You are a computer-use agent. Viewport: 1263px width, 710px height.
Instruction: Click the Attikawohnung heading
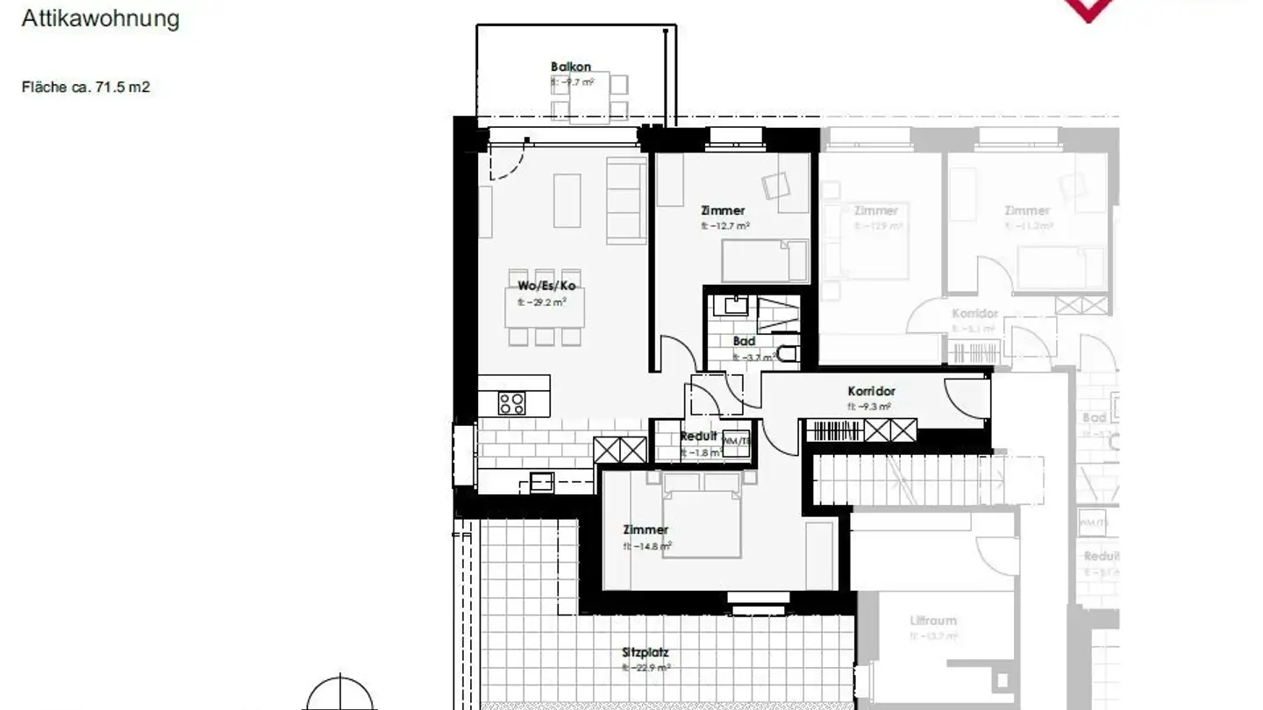(100, 18)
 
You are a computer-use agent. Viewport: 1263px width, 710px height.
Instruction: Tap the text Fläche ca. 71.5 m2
(86, 87)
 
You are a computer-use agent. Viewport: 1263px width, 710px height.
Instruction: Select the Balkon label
(571, 67)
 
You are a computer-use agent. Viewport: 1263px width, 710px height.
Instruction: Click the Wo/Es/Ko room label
(546, 286)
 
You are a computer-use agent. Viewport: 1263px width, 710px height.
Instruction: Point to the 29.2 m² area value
(542, 302)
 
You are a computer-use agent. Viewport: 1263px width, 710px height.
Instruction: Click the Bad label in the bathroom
(744, 341)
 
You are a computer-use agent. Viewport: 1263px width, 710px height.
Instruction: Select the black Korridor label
(871, 391)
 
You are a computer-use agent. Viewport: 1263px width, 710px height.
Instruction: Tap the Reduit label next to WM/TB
(698, 436)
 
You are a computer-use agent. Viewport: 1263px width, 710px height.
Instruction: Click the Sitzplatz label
(646, 653)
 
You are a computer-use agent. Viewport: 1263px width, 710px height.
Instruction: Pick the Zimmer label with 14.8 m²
(646, 529)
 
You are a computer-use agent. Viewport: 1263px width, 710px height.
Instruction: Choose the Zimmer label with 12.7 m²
(723, 210)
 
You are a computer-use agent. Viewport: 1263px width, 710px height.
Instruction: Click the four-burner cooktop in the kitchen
(512, 403)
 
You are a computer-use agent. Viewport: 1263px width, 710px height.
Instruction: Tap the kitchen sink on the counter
(542, 480)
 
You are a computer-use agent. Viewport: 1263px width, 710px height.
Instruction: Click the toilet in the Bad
(788, 353)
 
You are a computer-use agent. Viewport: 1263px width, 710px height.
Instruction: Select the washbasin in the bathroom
(731, 306)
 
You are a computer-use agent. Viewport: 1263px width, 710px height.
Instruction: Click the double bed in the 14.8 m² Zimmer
(702, 517)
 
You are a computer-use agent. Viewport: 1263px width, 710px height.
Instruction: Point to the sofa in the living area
(626, 200)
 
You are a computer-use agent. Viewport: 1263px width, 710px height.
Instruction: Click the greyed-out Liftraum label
(933, 621)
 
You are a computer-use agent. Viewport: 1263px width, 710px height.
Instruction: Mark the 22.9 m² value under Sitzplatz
(646, 668)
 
